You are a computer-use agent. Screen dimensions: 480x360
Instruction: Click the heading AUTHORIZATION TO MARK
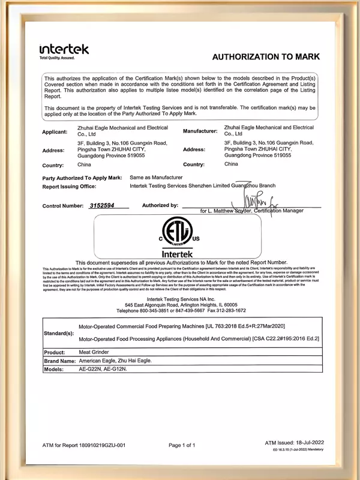click(x=266, y=56)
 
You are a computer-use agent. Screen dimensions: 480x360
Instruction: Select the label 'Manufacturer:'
click(x=200, y=131)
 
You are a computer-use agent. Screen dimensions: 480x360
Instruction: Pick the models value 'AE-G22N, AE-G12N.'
click(x=103, y=370)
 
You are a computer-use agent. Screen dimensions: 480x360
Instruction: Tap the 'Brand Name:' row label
click(x=59, y=361)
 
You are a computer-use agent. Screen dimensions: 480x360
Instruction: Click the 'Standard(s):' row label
click(x=59, y=332)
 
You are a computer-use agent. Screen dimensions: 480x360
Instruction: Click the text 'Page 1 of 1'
click(x=182, y=445)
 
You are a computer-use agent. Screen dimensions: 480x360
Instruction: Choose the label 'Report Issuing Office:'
click(x=70, y=187)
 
